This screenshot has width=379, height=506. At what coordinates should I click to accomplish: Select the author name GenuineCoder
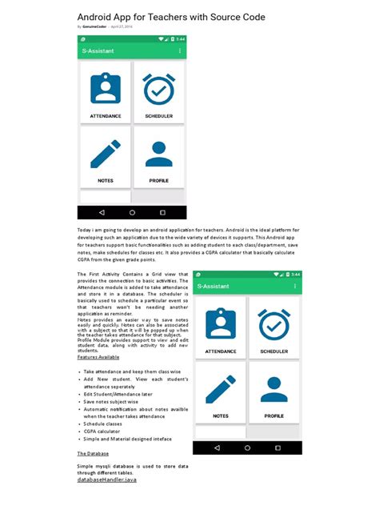coord(94,26)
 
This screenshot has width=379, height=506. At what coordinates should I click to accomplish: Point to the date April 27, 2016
coord(122,26)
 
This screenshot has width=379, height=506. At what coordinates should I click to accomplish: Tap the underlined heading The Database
coord(93,453)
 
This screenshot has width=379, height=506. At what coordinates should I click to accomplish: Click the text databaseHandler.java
coord(107,480)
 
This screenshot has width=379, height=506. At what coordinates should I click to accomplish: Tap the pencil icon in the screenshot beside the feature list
coord(220,390)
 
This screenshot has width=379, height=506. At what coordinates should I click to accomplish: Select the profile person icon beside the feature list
coord(273,390)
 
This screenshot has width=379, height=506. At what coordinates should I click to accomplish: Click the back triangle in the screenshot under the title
coord(102,213)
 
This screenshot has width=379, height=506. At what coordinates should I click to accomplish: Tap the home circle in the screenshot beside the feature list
coord(247,448)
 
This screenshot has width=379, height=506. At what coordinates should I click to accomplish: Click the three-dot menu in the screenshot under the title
coord(179,51)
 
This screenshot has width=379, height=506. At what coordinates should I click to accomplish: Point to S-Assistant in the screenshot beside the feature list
coord(213,286)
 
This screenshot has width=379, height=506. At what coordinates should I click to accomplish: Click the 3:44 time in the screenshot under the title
coord(180,38)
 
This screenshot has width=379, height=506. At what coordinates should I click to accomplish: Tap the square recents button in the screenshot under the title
coord(162,213)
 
